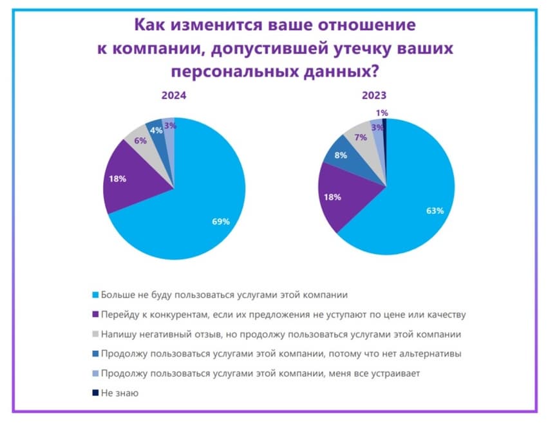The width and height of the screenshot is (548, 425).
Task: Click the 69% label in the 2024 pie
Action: coord(221,222)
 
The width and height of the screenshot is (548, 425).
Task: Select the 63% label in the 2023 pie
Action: coord(435,211)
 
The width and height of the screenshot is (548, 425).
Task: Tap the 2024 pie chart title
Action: coord(174,95)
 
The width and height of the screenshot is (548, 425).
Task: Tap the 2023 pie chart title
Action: coord(373,95)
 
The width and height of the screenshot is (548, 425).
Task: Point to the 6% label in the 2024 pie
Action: coord(140,140)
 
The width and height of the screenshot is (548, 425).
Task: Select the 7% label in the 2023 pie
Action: coord(361,137)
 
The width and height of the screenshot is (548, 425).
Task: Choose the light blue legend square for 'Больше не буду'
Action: coord(96,295)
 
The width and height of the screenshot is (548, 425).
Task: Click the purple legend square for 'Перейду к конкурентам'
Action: coord(96,314)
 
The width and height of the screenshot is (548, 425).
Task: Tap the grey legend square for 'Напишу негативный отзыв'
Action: coord(96,334)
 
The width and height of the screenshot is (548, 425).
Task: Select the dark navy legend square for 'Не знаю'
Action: coord(96,392)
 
